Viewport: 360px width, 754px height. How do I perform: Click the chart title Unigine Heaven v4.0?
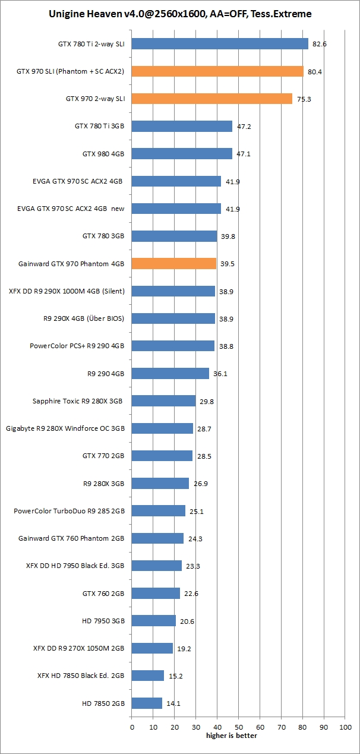(180, 14)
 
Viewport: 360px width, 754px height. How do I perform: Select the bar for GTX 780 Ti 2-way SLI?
(220, 44)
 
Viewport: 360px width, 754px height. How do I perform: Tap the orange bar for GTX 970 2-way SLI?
(211, 99)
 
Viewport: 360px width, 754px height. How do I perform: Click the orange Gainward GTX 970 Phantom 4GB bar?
(173, 263)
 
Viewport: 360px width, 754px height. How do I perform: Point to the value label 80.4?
(315, 71)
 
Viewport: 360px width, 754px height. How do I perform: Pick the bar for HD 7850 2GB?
(147, 703)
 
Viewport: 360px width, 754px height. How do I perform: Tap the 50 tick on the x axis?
(238, 726)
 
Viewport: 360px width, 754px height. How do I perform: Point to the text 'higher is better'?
(232, 736)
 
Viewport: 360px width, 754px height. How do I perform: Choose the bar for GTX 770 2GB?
(162, 456)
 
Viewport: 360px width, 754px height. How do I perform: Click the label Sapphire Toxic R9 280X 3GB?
(77, 401)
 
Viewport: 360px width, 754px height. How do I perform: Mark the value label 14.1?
(173, 703)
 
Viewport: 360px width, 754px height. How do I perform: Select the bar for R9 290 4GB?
(170, 373)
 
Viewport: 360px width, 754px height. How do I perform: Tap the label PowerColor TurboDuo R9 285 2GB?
(69, 511)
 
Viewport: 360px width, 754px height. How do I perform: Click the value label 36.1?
(220, 374)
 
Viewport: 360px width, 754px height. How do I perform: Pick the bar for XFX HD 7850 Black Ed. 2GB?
(147, 676)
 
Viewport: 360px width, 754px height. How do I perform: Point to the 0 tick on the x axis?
(131, 726)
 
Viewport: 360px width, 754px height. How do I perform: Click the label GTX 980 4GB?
(103, 154)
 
